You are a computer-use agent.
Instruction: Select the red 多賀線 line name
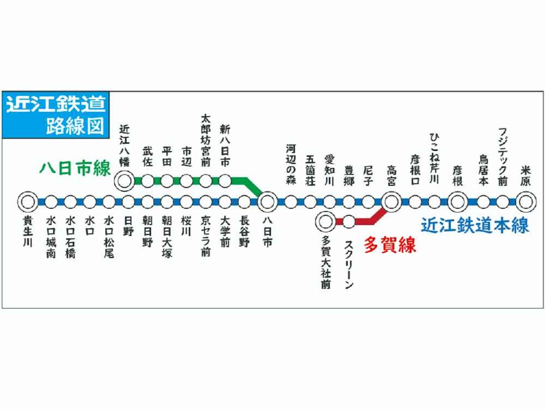click(390, 245)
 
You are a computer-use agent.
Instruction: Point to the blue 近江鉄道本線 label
click(475, 225)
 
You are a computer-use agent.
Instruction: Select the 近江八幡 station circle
click(124, 181)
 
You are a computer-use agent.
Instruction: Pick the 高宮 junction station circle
click(391, 200)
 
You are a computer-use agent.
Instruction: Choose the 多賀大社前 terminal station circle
click(325, 222)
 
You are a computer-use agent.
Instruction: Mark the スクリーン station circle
click(349, 222)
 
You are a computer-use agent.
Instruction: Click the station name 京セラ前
click(206, 235)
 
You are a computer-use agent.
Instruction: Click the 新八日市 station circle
click(225, 181)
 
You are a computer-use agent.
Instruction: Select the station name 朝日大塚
click(167, 236)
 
